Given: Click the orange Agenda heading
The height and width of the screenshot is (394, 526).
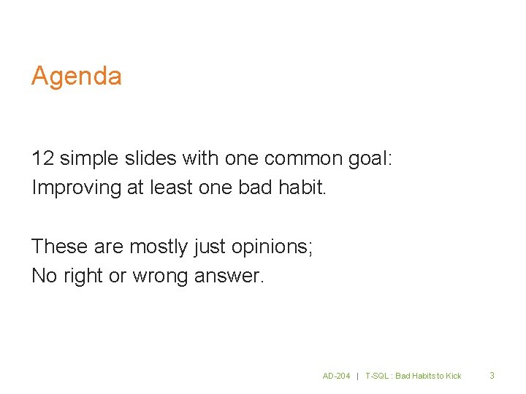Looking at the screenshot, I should (76, 77).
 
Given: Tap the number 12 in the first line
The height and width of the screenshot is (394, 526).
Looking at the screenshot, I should (42, 158).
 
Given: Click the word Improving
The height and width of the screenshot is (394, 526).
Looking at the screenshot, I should (76, 188).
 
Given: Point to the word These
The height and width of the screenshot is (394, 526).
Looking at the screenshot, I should (60, 247).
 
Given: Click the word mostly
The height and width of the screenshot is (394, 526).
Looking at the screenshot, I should (159, 247).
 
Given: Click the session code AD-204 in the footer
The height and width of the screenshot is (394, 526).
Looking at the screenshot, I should (337, 376).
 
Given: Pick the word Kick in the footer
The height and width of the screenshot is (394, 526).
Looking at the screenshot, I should (454, 376).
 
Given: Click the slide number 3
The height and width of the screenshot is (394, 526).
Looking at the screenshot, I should (492, 375).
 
